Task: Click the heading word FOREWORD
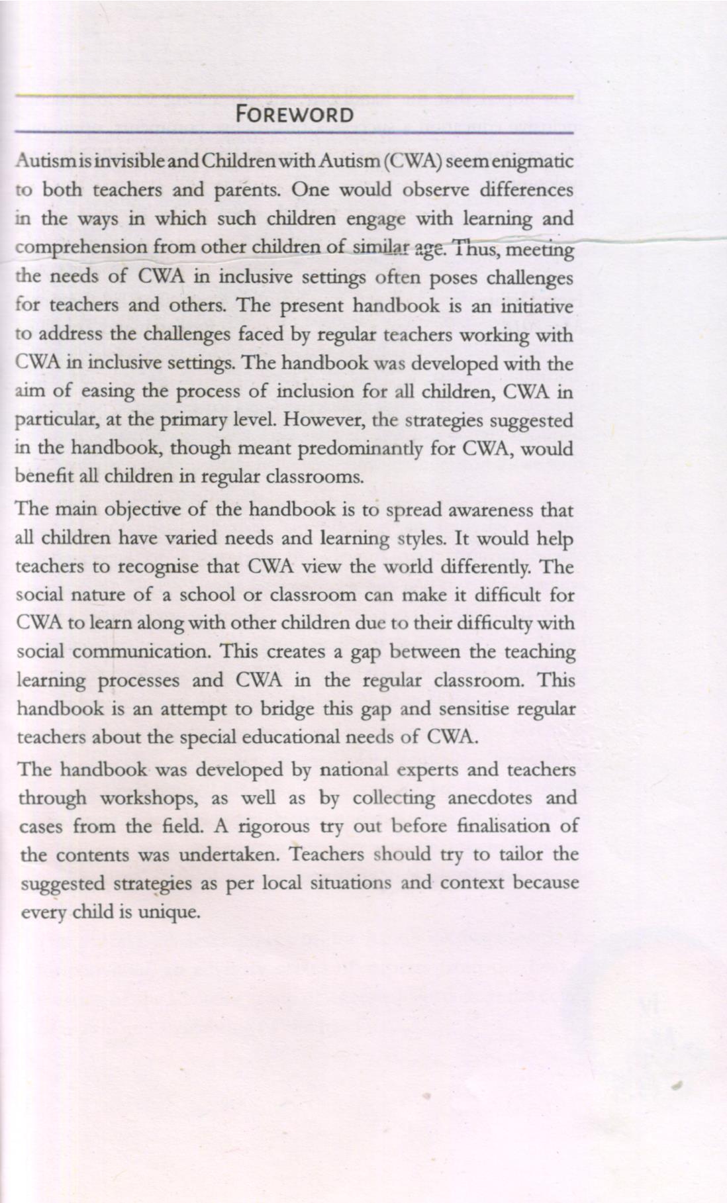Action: (295, 115)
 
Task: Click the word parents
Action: (249, 191)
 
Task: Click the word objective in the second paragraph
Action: (148, 510)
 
